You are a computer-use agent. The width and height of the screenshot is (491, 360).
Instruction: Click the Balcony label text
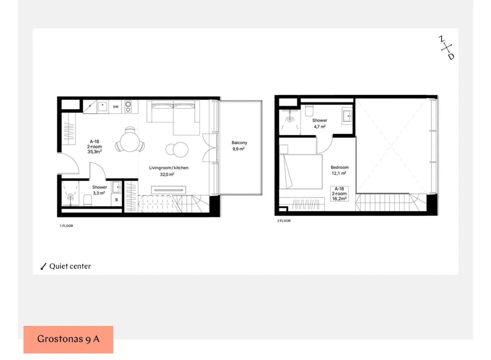(239, 143)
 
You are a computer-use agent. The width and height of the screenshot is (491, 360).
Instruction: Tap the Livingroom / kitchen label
(169, 168)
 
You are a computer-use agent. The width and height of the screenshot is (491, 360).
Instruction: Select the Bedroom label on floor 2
(340, 167)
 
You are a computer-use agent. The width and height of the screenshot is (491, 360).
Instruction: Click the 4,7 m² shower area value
(320, 127)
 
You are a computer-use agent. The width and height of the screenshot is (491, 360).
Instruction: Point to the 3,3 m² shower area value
(99, 193)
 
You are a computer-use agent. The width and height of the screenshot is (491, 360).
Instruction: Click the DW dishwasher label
(115, 107)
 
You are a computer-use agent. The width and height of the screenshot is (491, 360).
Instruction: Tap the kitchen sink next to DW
(102, 106)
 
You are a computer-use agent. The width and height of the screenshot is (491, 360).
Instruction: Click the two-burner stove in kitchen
(128, 106)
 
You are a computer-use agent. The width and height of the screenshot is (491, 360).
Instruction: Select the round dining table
(129, 142)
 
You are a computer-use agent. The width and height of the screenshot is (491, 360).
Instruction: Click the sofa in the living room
(173, 117)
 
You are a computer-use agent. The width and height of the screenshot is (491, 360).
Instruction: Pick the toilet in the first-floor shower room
(88, 200)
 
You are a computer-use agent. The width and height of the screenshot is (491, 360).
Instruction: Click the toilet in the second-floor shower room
(309, 111)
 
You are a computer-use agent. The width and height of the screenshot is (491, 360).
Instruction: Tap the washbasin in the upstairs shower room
(347, 115)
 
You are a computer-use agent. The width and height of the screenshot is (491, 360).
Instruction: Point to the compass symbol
(446, 48)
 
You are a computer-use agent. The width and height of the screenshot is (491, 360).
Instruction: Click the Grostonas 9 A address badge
(68, 340)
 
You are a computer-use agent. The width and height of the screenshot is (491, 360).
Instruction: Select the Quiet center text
(70, 266)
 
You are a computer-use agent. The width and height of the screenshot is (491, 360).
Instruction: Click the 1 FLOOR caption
(66, 226)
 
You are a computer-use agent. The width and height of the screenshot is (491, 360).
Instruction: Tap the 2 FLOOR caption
(284, 221)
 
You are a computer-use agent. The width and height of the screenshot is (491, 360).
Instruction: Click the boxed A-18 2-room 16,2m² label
(339, 194)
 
